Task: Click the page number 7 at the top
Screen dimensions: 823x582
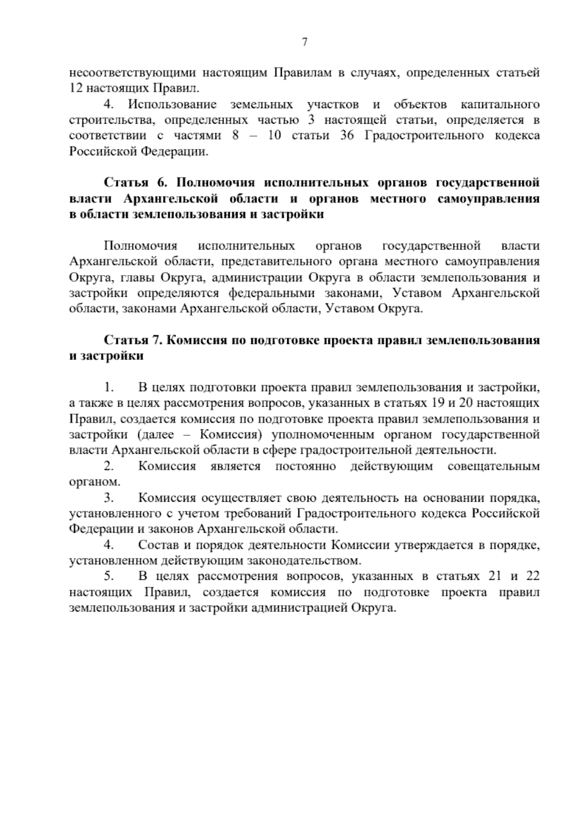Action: [305, 42]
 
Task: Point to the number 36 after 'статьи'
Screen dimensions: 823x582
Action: [347, 136]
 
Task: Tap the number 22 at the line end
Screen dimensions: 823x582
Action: [532, 576]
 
